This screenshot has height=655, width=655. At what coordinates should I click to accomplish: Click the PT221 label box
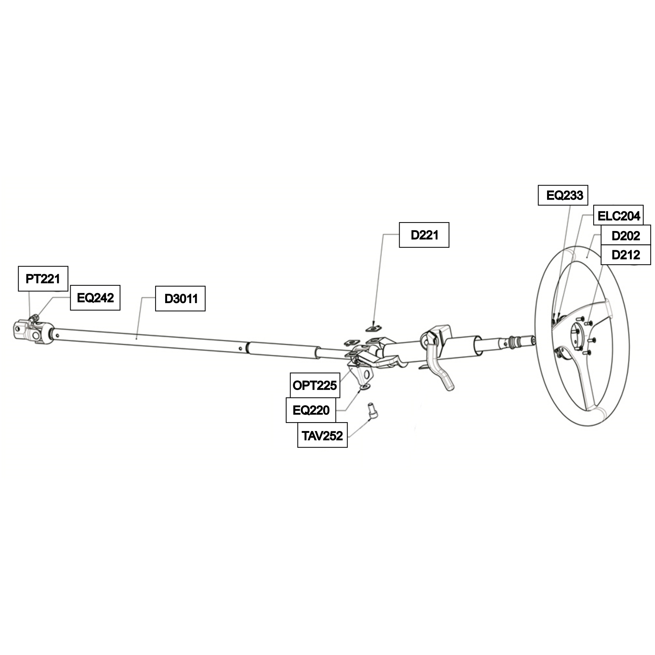click(43, 279)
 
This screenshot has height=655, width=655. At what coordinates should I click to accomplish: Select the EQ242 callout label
click(95, 298)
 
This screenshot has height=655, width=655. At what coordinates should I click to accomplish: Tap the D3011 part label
click(180, 298)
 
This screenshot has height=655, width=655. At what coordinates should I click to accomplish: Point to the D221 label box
click(424, 235)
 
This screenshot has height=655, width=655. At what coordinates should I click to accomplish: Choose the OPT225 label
click(315, 385)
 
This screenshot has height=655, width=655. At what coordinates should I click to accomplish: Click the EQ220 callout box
click(311, 410)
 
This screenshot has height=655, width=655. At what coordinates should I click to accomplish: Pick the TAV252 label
click(322, 435)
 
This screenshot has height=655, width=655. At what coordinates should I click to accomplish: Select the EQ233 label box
click(563, 195)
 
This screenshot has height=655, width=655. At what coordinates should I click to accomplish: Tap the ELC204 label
click(618, 215)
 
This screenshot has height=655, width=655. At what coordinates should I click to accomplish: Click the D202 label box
click(626, 235)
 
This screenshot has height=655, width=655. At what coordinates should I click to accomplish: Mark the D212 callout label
click(626, 255)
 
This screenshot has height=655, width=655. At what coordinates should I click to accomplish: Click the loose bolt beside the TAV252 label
click(372, 411)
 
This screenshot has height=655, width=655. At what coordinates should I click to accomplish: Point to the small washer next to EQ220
click(365, 387)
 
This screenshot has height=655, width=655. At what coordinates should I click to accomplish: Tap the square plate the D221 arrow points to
click(373, 327)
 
